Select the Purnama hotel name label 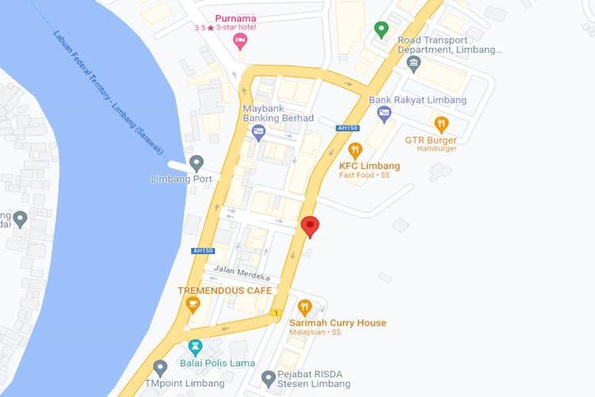point(235,18)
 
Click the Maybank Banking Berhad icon point(258,133)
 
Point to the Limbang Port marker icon point(196,163)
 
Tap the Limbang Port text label point(182,179)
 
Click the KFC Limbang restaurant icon point(355,149)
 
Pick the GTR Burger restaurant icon point(441,123)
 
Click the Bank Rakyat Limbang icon point(384,114)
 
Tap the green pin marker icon point(382,30)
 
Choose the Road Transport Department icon point(413,63)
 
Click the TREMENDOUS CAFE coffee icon point(182,304)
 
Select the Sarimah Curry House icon point(304,307)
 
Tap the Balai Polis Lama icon point(195,347)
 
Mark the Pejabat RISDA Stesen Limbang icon point(268,377)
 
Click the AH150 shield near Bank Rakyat point(347,128)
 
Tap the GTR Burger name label point(430,140)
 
